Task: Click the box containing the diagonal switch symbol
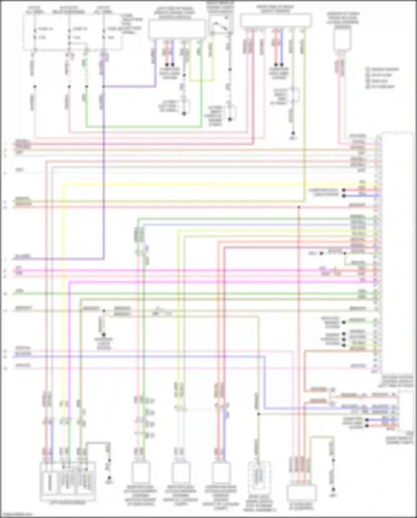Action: point(221,24)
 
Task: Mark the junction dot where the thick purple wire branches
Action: point(103,87)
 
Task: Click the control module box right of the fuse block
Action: point(177,29)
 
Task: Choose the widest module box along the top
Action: point(275,20)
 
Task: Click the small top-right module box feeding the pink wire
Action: point(342,40)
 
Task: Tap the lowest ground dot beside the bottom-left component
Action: point(109,478)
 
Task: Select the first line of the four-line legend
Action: point(383,69)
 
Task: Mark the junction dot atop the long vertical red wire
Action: point(299,207)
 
